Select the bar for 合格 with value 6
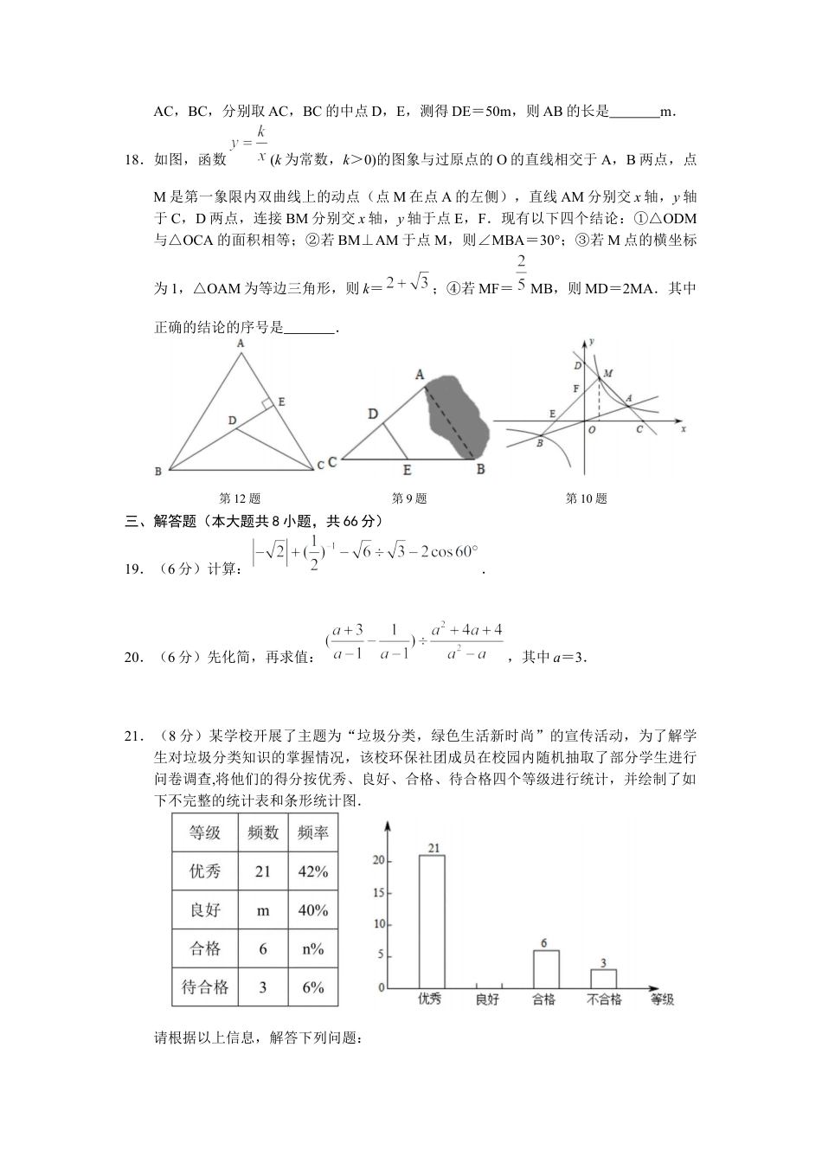(545, 968)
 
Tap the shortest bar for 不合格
(603, 978)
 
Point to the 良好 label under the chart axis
(487, 999)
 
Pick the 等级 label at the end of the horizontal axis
(662, 999)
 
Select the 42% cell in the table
(312, 871)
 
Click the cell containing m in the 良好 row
(263, 910)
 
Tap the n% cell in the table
(312, 949)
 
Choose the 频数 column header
(263, 832)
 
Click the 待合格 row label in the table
(205, 987)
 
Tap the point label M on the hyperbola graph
(608, 373)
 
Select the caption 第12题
(240, 498)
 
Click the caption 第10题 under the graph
(586, 498)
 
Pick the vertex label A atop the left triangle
(241, 344)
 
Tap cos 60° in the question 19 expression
(448, 552)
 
